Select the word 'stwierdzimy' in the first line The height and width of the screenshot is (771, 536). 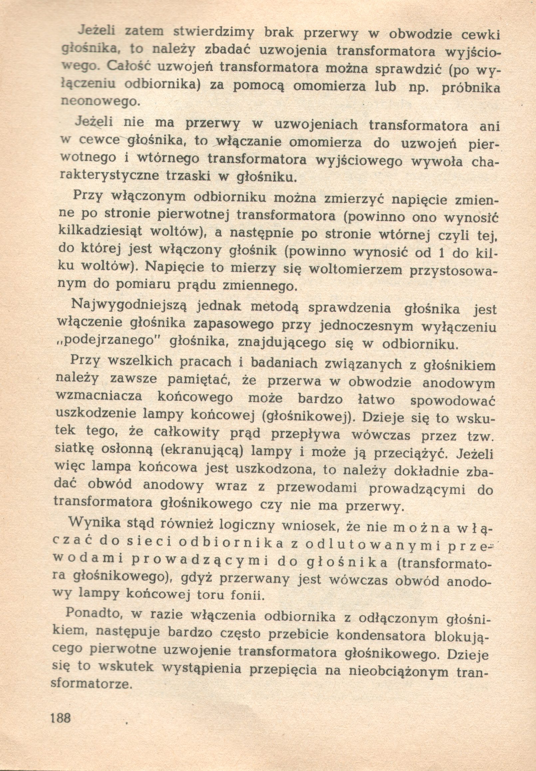(x=214, y=34)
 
